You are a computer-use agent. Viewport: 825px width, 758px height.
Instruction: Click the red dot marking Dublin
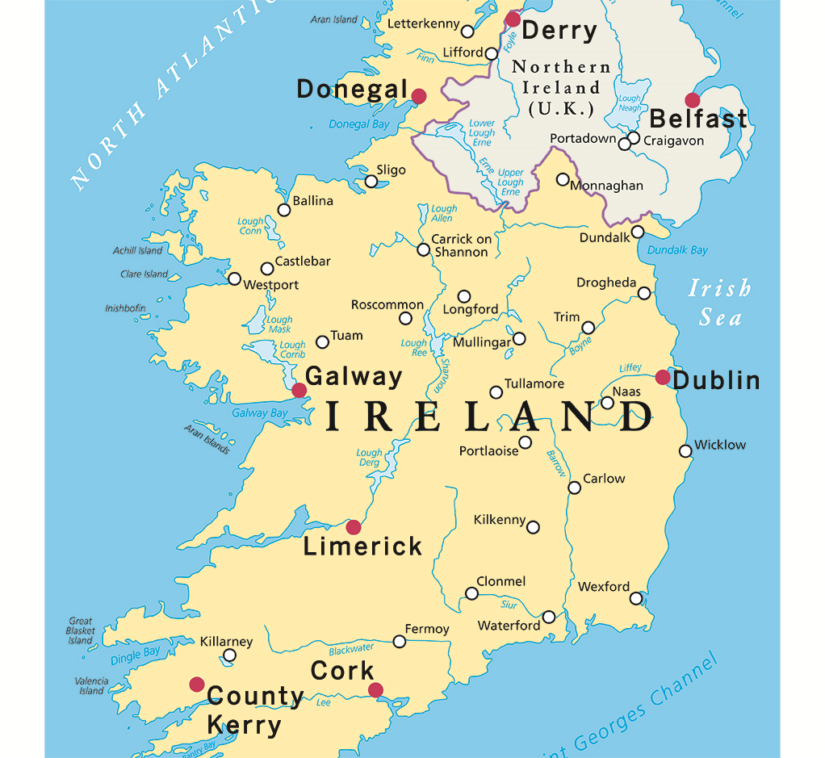663,377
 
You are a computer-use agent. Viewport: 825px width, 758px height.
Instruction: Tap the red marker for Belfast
692,100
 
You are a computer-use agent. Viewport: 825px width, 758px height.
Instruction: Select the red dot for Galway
299,391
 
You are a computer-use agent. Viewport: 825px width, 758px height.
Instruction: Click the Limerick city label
362,547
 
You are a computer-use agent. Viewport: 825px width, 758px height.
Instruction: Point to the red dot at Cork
375,690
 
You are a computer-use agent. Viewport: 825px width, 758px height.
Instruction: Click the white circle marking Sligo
371,181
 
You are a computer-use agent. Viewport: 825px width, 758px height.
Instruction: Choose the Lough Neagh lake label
630,103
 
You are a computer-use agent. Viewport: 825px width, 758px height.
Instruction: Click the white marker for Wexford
636,598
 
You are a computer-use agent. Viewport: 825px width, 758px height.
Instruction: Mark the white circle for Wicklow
685,451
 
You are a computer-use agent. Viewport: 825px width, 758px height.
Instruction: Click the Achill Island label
137,250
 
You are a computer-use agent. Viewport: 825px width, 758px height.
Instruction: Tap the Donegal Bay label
359,124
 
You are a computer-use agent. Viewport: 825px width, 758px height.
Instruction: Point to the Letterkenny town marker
467,31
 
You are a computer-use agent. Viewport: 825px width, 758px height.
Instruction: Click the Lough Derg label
370,458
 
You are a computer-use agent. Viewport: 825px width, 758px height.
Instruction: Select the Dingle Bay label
136,655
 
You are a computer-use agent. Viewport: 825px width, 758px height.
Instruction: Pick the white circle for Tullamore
496,392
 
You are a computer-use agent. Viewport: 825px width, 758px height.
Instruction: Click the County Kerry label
254,710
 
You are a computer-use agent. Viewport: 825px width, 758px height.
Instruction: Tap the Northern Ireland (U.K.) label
561,87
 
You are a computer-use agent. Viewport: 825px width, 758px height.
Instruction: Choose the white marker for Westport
234,278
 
